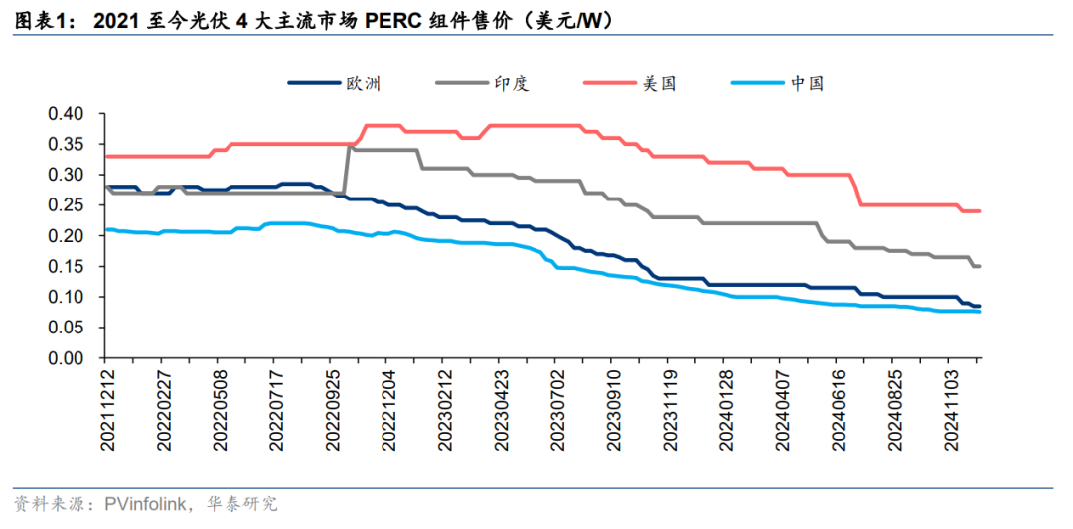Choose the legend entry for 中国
[808, 83]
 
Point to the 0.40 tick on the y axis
[68, 114]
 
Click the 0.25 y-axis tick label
[68, 205]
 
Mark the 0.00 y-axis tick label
[68, 358]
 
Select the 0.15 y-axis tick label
[68, 267]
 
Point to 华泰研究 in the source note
[246, 505]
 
